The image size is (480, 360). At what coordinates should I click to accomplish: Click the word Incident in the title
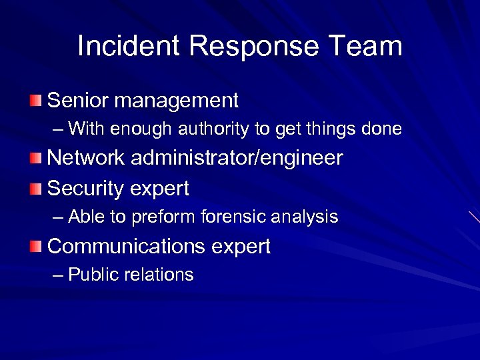128,46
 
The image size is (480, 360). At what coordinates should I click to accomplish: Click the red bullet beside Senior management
35,101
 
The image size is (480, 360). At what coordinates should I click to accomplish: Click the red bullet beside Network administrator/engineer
35,158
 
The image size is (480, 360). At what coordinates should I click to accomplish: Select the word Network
86,158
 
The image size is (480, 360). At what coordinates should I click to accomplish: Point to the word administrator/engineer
237,159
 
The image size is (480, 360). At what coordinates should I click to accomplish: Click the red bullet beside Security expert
35,189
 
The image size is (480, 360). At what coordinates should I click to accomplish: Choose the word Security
83,189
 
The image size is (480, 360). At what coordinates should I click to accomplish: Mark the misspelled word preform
156,217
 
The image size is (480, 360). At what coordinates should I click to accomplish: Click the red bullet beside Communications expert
35,246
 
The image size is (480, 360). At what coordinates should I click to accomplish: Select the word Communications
127,246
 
